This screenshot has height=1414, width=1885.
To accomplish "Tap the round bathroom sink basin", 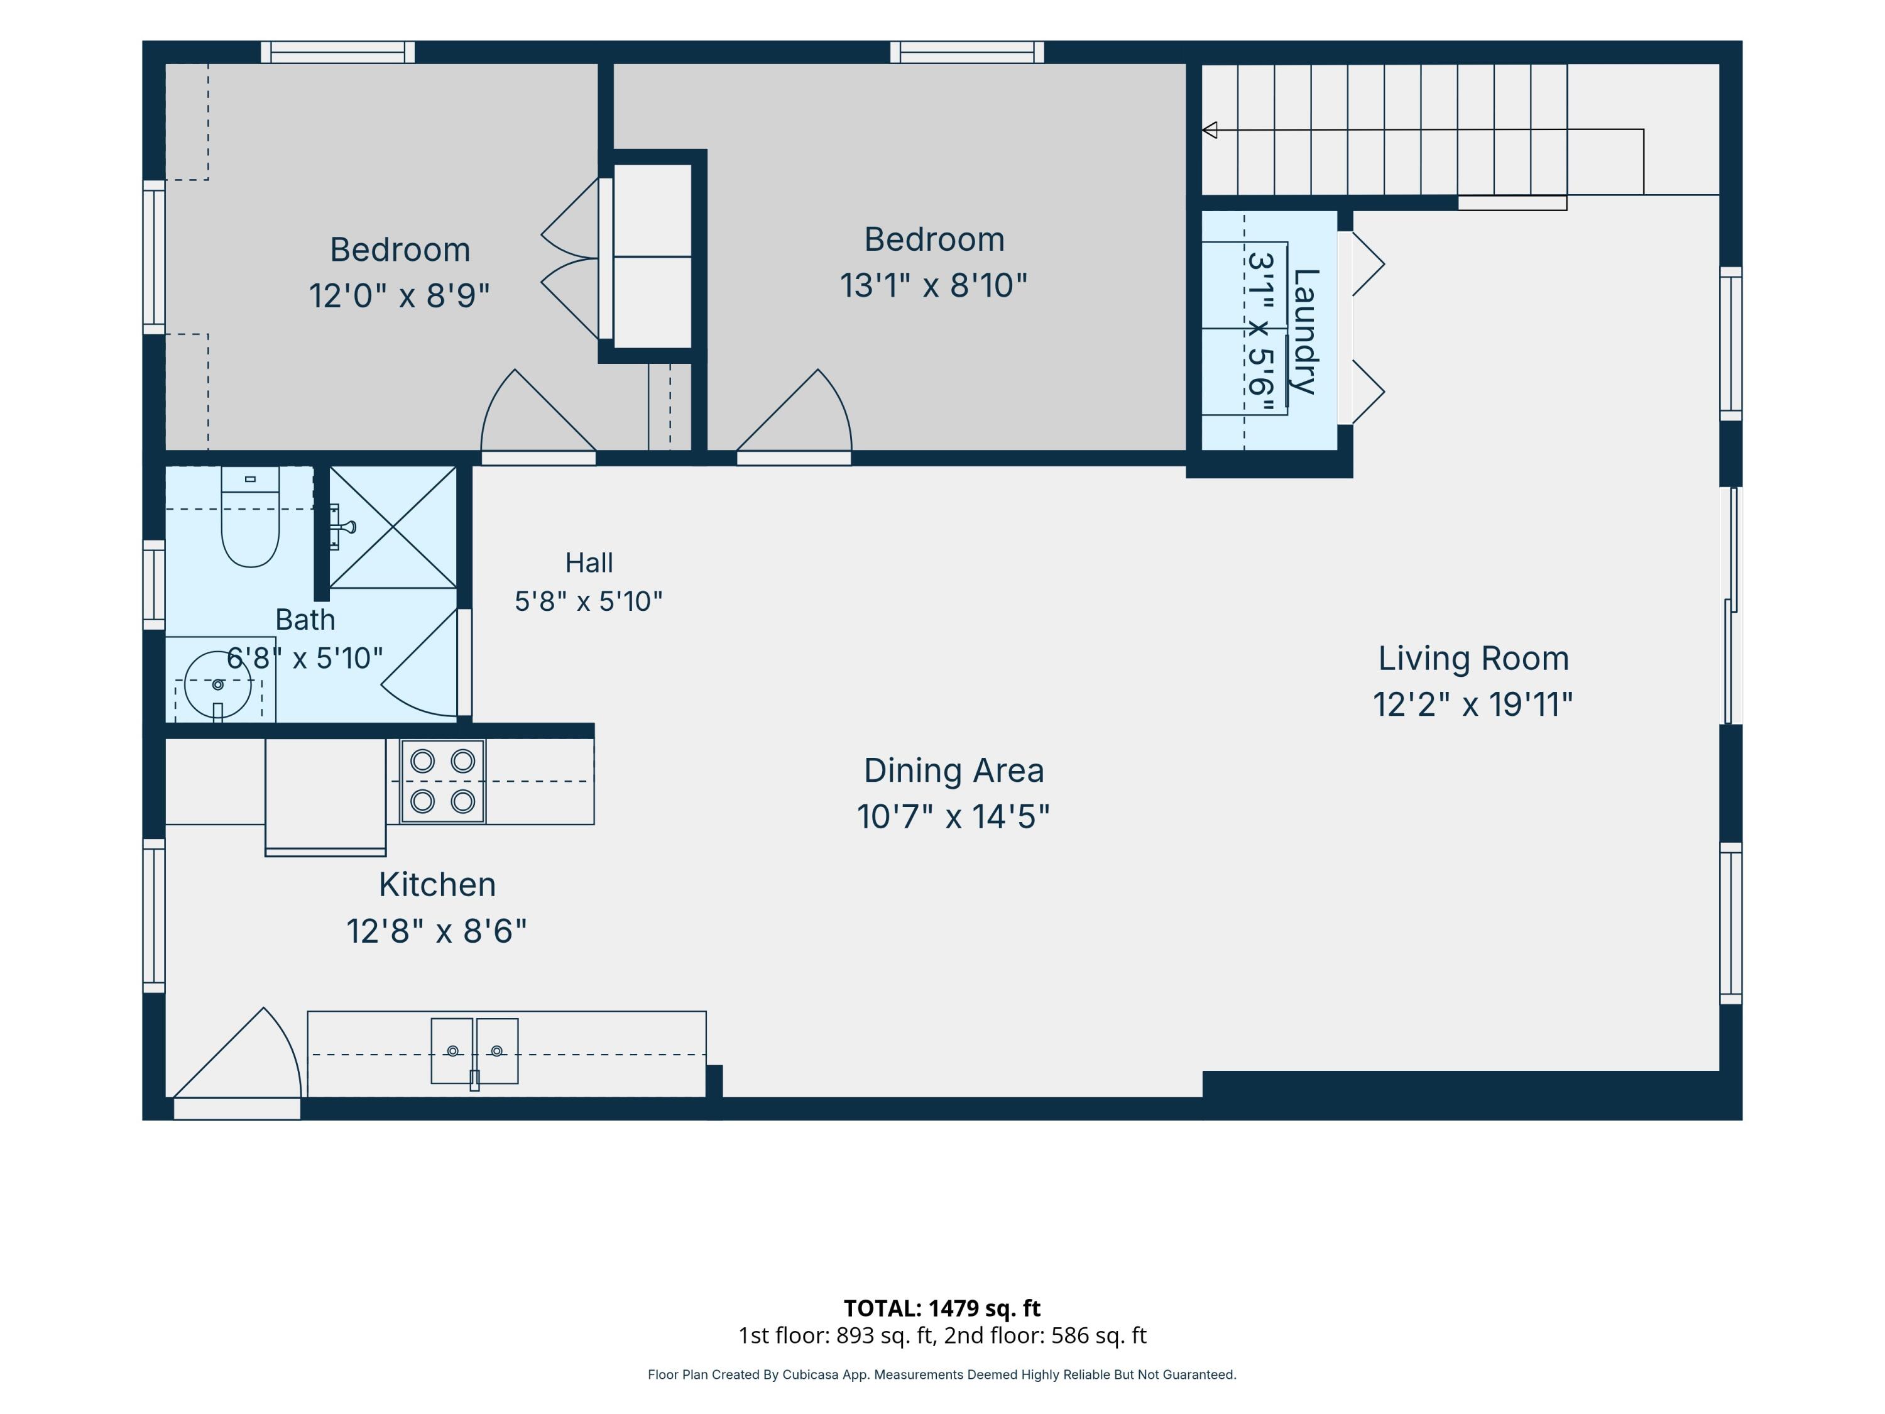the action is click(x=218, y=684).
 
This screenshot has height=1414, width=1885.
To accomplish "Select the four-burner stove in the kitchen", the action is click(x=443, y=781).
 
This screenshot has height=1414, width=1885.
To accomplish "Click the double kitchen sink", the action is click(x=474, y=1051).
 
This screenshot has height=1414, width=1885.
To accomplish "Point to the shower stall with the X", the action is click(x=393, y=527).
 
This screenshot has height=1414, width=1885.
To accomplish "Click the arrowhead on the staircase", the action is click(x=1210, y=129).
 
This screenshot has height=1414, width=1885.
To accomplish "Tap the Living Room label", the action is click(x=1473, y=658).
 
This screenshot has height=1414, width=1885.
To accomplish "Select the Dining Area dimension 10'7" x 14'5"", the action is click(x=954, y=816).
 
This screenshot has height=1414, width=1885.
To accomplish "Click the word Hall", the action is click(x=589, y=562).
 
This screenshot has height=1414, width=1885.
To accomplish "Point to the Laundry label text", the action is click(x=1306, y=332).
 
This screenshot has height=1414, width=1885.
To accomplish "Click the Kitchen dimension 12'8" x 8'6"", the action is click(x=436, y=931).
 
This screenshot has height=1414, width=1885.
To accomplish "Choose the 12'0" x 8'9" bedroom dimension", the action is click(x=399, y=296).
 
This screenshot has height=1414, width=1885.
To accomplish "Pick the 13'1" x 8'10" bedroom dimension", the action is click(x=934, y=285).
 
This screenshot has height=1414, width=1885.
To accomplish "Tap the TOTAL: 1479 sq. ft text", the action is click(x=942, y=1307).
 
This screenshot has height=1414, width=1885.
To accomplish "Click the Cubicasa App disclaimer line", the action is click(x=942, y=1374).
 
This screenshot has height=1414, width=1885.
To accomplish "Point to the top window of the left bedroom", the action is click(x=337, y=52).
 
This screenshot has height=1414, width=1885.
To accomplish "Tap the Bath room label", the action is click(x=305, y=620).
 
